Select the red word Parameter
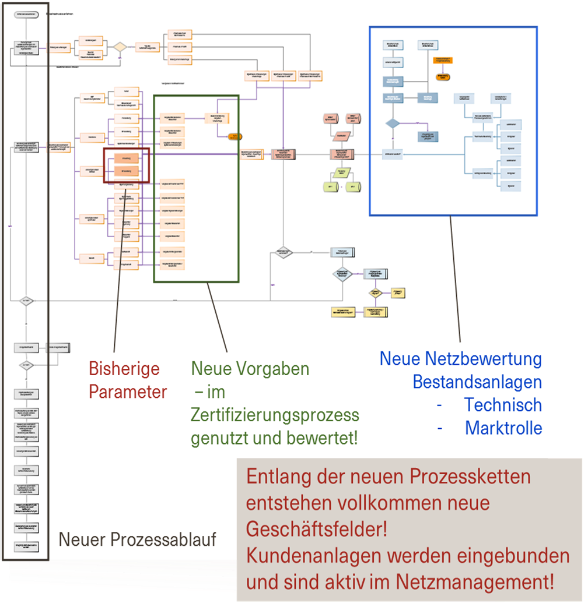tap(128, 392)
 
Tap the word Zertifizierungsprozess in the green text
tap(275, 415)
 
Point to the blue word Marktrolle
tap(503, 428)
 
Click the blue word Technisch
tap(503, 405)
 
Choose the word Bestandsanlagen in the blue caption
tap(477, 382)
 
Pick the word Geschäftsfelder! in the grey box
tap(316, 529)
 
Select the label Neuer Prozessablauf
tap(137, 539)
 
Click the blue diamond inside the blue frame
tap(392, 123)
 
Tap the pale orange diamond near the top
tap(120, 47)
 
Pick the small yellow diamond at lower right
tap(375, 293)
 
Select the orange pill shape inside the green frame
tap(235, 136)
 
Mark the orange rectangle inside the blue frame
tap(443, 60)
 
